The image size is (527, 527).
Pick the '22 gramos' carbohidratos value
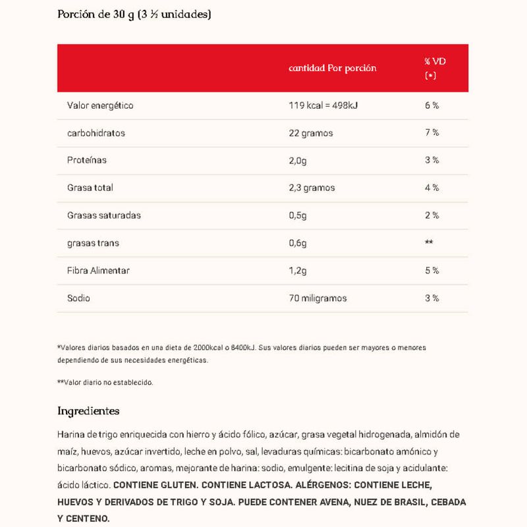pyautogui.click(x=311, y=133)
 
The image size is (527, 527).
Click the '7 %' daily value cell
pyautogui.click(x=432, y=133)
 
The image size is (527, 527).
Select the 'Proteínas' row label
pyautogui.click(x=87, y=160)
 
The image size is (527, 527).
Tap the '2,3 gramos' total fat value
pyautogui.click(x=312, y=188)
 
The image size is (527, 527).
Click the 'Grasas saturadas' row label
pyautogui.click(x=104, y=215)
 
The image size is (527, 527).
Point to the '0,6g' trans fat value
pyautogui.click(x=298, y=243)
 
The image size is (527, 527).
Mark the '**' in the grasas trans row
pyautogui.click(x=429, y=243)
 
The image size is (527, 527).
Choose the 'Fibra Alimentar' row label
pyautogui.click(x=98, y=271)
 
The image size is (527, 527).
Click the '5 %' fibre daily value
pyautogui.click(x=432, y=271)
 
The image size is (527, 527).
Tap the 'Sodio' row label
pyautogui.click(x=79, y=298)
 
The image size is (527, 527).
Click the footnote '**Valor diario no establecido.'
pyautogui.click(x=105, y=382)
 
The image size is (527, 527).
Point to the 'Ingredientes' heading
pyautogui.click(x=88, y=411)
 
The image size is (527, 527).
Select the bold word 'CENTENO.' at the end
pyautogui.click(x=83, y=519)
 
